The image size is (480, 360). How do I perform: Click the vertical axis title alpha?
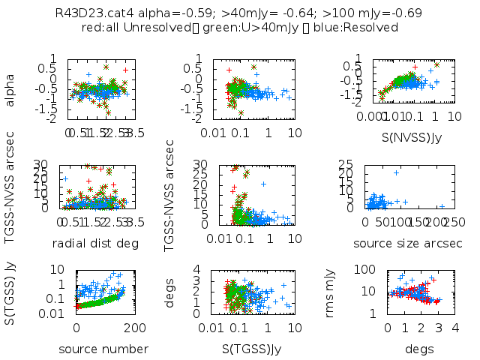pyautogui.click(x=11, y=88)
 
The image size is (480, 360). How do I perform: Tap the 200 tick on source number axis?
pyautogui.click(x=136, y=328)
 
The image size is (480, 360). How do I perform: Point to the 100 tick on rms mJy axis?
pyautogui.click(x=370, y=268)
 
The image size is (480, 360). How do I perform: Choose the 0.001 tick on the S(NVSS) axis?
pyautogui.click(x=377, y=118)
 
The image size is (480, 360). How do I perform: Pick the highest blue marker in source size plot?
pyautogui.click(x=396, y=173)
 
